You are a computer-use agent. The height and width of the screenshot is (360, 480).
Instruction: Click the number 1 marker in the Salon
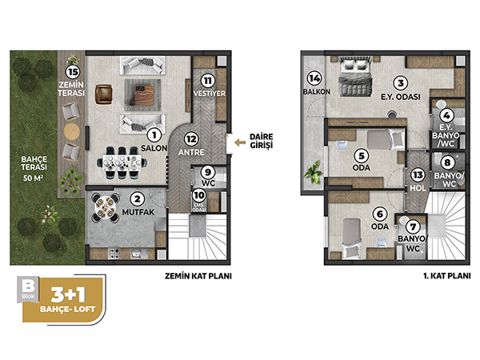(x=154, y=135)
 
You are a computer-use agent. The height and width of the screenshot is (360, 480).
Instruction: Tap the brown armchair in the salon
(x=103, y=94)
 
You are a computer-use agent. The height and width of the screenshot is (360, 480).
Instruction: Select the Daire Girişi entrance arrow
(x=240, y=142)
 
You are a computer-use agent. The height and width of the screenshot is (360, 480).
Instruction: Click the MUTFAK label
(x=138, y=212)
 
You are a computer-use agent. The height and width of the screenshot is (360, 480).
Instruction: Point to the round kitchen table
(x=106, y=207)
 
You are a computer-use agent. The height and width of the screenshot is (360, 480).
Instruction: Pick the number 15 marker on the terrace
(x=73, y=72)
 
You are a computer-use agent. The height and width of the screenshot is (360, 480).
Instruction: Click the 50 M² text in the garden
(x=33, y=178)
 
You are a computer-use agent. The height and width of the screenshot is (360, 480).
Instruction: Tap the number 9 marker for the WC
(x=208, y=172)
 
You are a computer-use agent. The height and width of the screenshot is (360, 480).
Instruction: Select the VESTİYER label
(x=210, y=94)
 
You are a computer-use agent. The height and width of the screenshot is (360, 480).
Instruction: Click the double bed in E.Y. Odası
(x=355, y=76)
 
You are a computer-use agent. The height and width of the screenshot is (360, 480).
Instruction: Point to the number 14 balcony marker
(x=314, y=78)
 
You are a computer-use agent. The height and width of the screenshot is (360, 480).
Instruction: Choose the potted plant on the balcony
(x=313, y=173)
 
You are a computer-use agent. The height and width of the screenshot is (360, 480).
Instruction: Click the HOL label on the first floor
(x=418, y=188)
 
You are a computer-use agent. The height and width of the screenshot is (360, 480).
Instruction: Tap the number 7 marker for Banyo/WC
(x=413, y=227)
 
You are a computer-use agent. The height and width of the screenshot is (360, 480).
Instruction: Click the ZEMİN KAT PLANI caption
(x=198, y=276)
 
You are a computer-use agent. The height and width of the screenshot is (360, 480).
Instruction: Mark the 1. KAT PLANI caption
(x=447, y=276)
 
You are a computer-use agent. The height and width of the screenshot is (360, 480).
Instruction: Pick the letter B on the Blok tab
(x=28, y=286)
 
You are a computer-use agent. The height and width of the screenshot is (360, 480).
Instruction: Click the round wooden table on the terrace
(x=72, y=132)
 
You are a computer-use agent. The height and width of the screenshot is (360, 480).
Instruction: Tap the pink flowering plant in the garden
(x=49, y=213)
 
